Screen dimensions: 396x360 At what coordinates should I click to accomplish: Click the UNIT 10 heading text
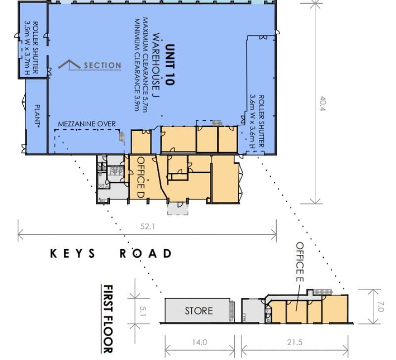170,65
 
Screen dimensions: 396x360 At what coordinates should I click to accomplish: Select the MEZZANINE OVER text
87,124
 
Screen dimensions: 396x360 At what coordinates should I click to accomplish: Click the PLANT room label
37,115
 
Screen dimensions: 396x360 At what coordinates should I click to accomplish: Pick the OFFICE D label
141,177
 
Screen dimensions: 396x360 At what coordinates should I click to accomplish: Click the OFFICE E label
300,262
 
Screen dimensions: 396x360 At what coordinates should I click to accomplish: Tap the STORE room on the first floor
199,310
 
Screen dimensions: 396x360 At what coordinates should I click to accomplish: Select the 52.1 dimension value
148,226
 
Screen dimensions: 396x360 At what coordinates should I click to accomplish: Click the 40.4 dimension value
323,103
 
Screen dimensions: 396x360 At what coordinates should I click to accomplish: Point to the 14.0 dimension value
199,342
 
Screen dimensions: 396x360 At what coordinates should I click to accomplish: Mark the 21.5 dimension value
295,342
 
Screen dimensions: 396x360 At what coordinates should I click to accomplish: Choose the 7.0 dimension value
381,307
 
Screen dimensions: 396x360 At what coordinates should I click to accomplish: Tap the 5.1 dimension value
143,311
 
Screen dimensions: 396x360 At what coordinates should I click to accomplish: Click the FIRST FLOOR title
108,319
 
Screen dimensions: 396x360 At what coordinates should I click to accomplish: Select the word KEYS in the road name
73,254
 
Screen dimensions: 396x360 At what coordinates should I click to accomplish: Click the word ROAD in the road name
146,254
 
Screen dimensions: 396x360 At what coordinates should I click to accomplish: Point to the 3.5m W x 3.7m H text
27,48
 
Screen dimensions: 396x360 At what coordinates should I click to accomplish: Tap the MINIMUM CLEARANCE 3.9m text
137,65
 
